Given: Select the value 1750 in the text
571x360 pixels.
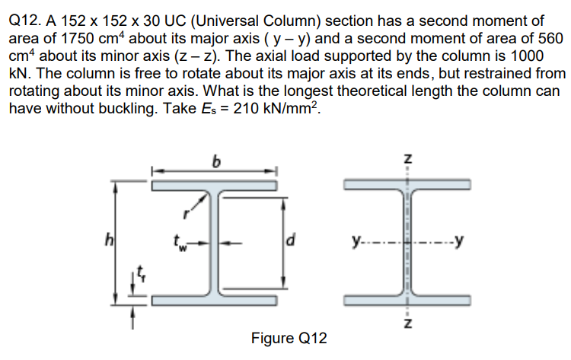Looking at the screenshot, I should (85, 40).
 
